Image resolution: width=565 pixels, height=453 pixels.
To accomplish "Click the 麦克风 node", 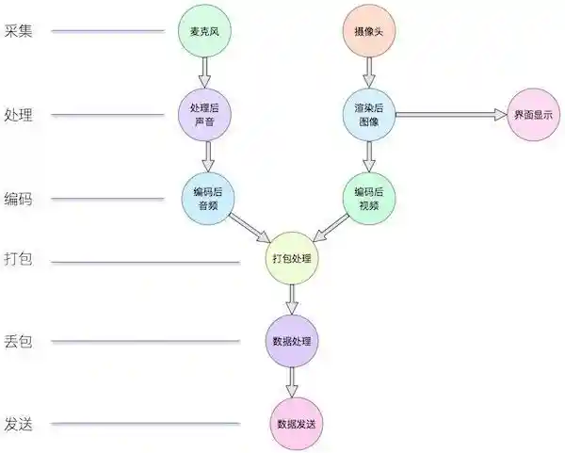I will pos(203,33).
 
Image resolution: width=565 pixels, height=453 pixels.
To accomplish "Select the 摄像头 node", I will pos(369,33).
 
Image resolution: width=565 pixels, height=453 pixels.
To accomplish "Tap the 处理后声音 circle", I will pos(203,114).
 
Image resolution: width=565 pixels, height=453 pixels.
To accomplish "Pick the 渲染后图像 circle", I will pos(369,114).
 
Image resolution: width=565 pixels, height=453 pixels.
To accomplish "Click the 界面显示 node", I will pos(532,115).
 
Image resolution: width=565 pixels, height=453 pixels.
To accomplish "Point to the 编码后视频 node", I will pos(369,198).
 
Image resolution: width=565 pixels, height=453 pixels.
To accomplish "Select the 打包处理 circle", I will pos(291,258).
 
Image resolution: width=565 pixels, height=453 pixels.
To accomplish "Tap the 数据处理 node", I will pos(291,340).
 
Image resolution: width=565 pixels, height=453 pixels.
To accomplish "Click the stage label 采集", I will pos(18,31).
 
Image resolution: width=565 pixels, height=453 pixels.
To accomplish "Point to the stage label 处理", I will pos(18,116).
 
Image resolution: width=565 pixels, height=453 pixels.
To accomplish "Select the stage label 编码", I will pos(18,200).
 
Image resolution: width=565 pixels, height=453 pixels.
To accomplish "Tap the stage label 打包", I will pos(18,259).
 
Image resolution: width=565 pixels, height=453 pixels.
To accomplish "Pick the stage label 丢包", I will pos(18,341).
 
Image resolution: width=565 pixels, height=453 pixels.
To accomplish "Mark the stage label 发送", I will pos(18,424).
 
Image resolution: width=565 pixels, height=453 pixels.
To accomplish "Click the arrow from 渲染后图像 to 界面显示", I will pos(451,115).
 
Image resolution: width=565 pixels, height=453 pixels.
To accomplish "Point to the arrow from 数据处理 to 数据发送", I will pos(292,381).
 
